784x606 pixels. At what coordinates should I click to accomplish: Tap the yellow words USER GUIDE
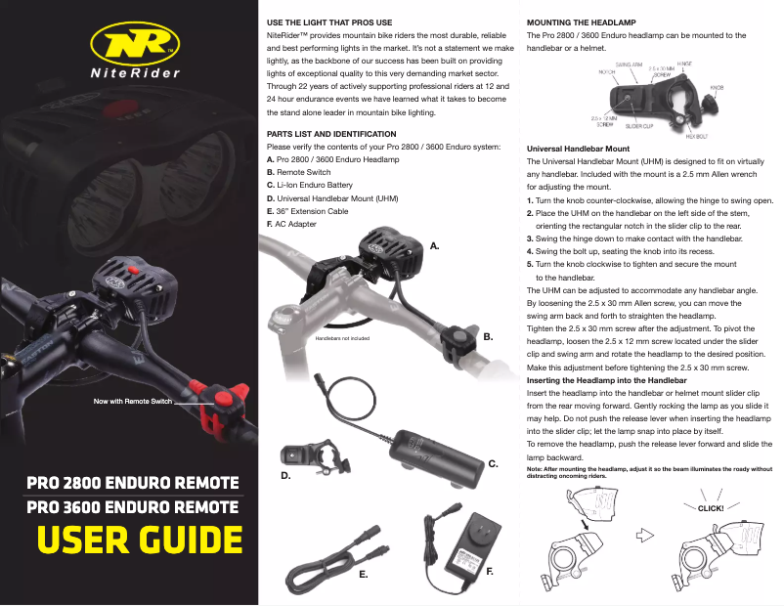[139, 540]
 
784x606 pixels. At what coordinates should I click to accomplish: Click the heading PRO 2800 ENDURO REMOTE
[133, 483]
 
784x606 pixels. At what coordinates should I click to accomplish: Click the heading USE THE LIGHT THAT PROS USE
[329, 22]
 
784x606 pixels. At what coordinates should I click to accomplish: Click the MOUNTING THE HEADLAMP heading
[584, 22]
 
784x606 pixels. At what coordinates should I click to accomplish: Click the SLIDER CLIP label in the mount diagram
[639, 126]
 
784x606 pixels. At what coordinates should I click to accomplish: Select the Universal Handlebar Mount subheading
[577, 148]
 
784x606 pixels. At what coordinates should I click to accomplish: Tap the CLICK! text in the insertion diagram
[711, 508]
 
